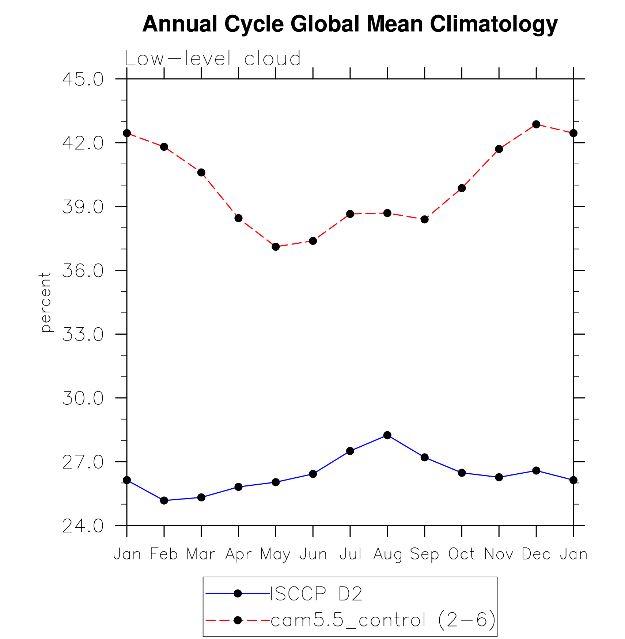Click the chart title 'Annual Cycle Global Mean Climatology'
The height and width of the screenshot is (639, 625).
pyautogui.click(x=350, y=24)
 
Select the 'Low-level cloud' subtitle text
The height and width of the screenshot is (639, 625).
pyautogui.click(x=213, y=59)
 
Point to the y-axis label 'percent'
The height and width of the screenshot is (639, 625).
pyautogui.click(x=46, y=302)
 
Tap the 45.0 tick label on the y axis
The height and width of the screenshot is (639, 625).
pyautogui.click(x=83, y=79)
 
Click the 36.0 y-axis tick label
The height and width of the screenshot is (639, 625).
pyautogui.click(x=83, y=271)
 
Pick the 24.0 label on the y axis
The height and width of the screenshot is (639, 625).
pyautogui.click(x=83, y=526)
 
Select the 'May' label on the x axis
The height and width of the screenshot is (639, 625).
pyautogui.click(x=275, y=554)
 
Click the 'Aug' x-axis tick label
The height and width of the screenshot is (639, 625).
pyautogui.click(x=387, y=554)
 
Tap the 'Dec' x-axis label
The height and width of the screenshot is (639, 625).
pyautogui.click(x=536, y=554)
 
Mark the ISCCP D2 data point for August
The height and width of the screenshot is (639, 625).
pyautogui.click(x=387, y=435)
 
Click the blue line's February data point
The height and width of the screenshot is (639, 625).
pyautogui.click(x=164, y=500)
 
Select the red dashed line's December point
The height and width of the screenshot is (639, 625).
pyautogui.click(x=536, y=124)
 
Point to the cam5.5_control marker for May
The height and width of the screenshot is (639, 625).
pyautogui.click(x=276, y=247)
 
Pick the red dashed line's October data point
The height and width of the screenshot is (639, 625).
pyautogui.click(x=462, y=188)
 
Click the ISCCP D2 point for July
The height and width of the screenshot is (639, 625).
pyautogui.click(x=350, y=451)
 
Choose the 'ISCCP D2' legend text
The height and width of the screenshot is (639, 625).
pyautogui.click(x=316, y=594)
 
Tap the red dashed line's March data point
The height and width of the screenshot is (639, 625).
pyautogui.click(x=201, y=173)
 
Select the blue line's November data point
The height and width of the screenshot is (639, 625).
pyautogui.click(x=499, y=477)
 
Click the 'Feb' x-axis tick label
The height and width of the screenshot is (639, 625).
pyautogui.click(x=164, y=554)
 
